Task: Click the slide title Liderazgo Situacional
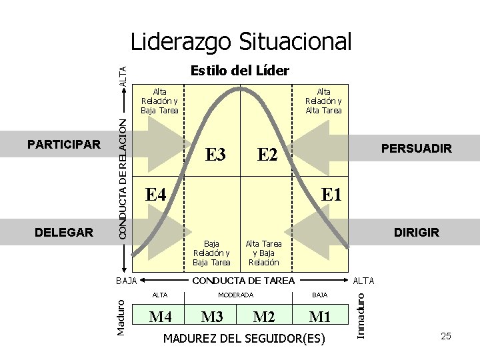[x=241, y=42]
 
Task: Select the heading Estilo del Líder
[x=239, y=71]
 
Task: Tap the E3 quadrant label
[x=215, y=155]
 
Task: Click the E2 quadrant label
[x=267, y=155]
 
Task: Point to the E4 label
[x=155, y=195]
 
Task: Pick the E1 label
[x=331, y=195]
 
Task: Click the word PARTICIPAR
[x=64, y=144]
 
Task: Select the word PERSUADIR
[x=416, y=149]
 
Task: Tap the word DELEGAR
[x=64, y=233]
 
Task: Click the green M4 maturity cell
[x=161, y=316]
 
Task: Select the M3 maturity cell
[x=212, y=316]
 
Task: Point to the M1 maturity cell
[x=320, y=316]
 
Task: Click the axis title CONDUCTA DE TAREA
[x=243, y=281]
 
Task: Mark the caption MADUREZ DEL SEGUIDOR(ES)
[x=244, y=339]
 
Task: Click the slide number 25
[x=446, y=336]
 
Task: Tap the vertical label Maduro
[x=121, y=317]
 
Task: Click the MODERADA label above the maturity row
[x=237, y=295]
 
